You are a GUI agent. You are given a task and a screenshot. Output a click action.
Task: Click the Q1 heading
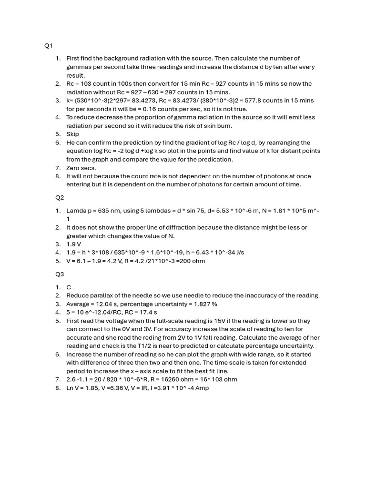[49, 46]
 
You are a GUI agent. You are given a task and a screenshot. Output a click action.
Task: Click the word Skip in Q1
[72, 134]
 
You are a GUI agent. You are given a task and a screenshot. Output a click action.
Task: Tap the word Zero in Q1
[74, 168]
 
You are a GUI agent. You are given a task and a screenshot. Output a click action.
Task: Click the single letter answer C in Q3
[69, 287]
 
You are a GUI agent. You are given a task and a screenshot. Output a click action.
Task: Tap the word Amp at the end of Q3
[202, 388]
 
